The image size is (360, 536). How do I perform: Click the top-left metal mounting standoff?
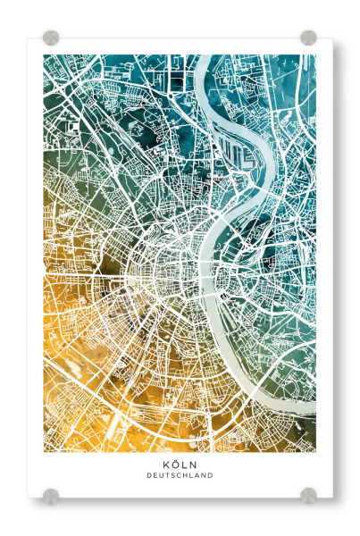pos(51,38)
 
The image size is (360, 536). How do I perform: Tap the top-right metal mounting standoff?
pos(308,38)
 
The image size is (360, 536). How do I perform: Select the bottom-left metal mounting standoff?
pos(51,494)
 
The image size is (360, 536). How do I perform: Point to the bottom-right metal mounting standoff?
pos(308,494)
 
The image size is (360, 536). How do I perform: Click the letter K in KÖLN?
pos(166,465)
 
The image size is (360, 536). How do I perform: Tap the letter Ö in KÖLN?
pos(175,465)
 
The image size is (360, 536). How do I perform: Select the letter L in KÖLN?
pos(184,465)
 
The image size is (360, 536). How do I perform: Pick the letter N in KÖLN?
pos(193,465)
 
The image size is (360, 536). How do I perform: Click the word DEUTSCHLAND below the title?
pos(180,476)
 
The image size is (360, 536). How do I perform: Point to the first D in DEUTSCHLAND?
pos(149,476)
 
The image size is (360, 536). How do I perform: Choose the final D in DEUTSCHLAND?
pos(211,476)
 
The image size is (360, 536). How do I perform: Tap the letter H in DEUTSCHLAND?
pos(186,476)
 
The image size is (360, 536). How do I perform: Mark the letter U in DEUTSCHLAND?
pos(162,476)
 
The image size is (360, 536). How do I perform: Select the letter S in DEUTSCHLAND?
pos(173,476)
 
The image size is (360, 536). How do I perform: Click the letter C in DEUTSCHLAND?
pos(180,476)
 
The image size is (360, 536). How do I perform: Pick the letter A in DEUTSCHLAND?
pos(197,476)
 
